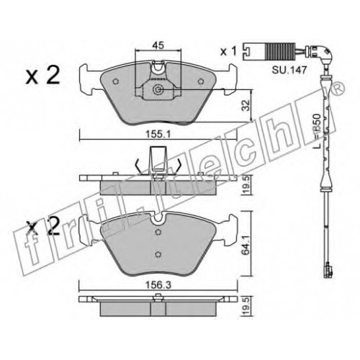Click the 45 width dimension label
point(158,45)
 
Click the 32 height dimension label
point(246,105)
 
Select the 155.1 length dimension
point(158,134)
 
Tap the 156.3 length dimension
point(158,285)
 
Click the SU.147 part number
point(289,70)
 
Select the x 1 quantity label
point(228,51)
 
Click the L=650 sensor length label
point(318,131)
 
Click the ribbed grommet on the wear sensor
point(280,51)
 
